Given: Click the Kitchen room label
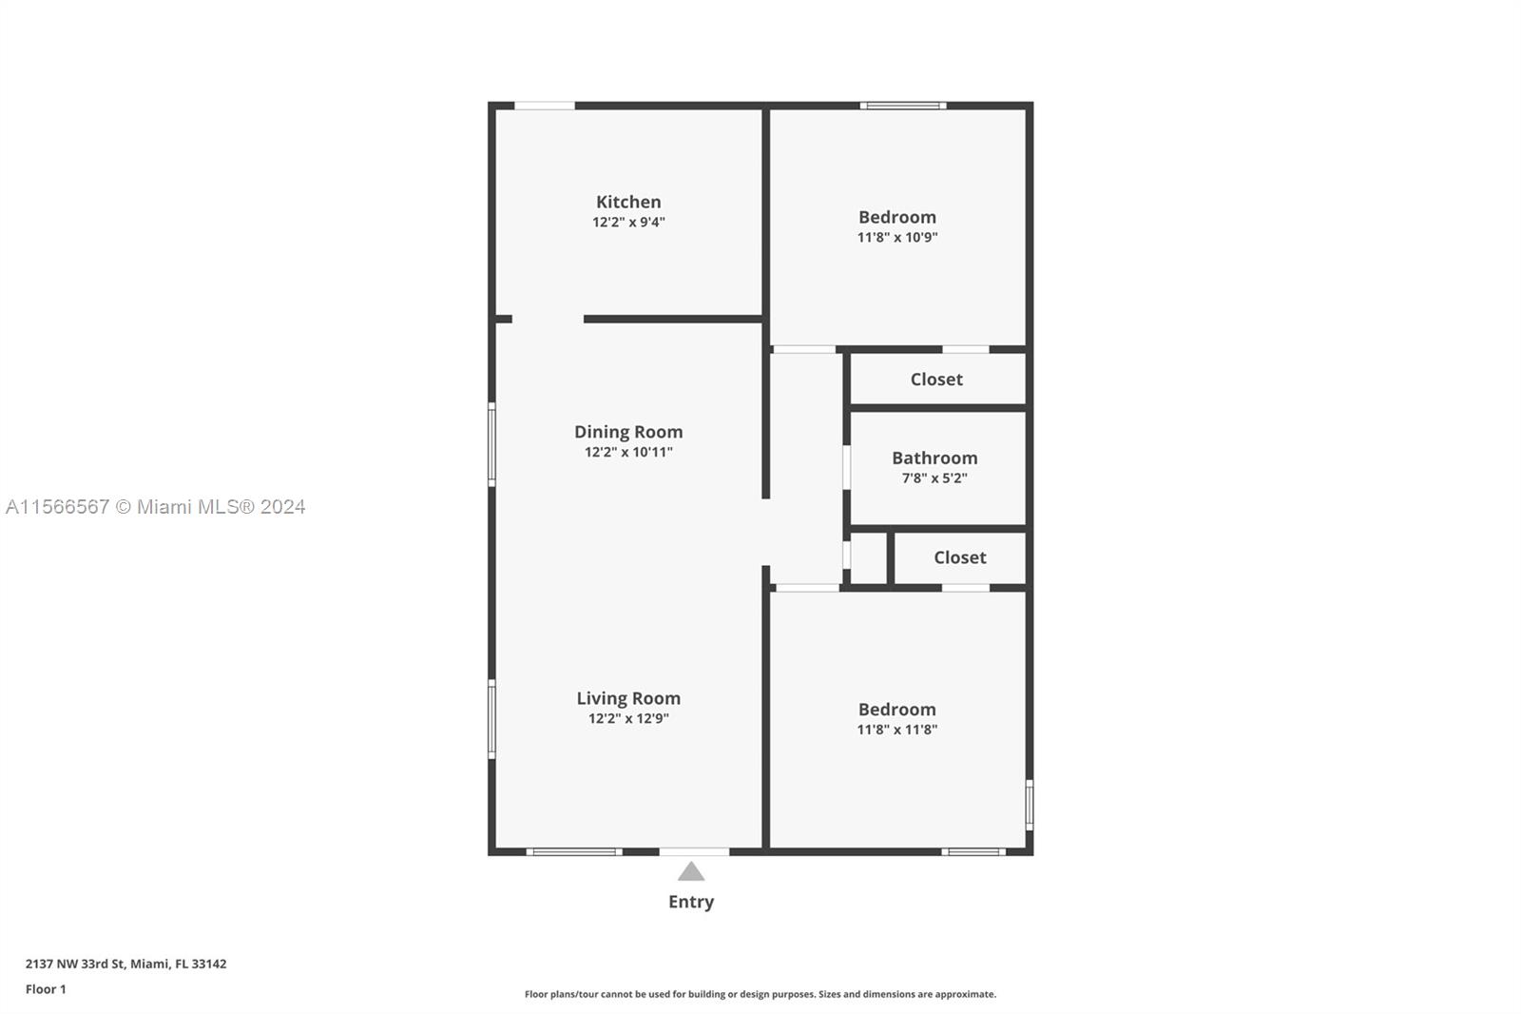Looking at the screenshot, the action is (x=628, y=202).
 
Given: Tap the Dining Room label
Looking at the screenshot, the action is (x=628, y=432).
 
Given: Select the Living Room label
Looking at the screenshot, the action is (x=628, y=698).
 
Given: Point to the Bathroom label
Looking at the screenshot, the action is (x=934, y=458).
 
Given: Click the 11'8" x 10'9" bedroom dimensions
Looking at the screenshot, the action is (x=897, y=237).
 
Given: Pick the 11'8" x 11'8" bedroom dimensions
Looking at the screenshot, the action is (x=897, y=730).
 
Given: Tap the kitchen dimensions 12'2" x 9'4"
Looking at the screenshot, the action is (x=628, y=222).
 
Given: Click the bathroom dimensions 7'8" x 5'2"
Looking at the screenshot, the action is (x=934, y=478).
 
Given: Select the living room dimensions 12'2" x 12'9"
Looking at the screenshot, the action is (x=628, y=718).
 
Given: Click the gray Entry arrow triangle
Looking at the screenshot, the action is (x=690, y=872).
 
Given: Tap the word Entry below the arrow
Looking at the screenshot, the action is (x=690, y=902).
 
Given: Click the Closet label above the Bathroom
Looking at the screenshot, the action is (x=936, y=380).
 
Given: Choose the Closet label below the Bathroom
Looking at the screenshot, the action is (x=959, y=557).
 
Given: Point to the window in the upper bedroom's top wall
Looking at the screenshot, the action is (x=903, y=106).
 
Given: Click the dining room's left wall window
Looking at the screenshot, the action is (x=491, y=444).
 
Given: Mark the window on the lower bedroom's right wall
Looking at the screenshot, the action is (x=1030, y=805).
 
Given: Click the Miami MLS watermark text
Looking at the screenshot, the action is (x=156, y=507).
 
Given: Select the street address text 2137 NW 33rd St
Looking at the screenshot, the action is (x=75, y=964).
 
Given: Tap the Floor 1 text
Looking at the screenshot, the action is (x=46, y=989).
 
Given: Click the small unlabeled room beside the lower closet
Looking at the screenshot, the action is (x=869, y=558).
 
